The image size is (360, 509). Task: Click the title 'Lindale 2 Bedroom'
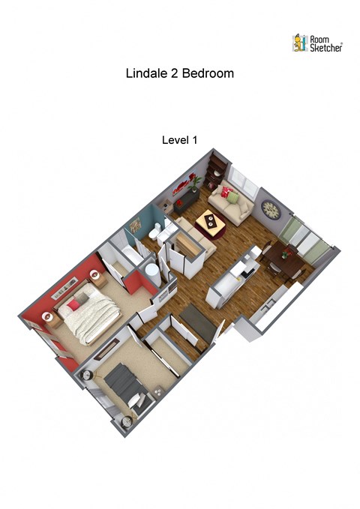click(x=179, y=74)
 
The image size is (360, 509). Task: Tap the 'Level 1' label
click(x=179, y=139)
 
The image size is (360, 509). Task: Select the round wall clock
click(x=270, y=209)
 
